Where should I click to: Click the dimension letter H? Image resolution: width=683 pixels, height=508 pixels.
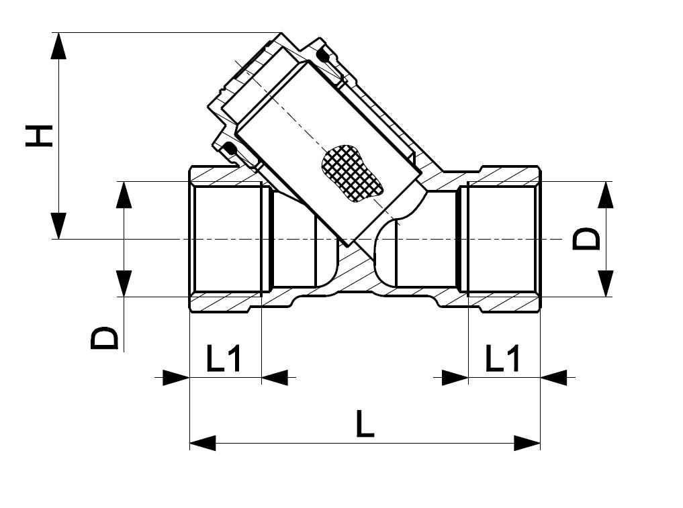40,136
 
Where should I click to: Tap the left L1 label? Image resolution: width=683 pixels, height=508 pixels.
224,358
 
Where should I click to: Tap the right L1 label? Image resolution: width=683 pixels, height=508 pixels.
502,358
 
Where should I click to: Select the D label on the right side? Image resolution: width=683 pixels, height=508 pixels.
586,238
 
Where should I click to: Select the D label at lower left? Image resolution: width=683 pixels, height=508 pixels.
104,338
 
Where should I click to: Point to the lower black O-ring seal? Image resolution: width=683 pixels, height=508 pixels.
230,149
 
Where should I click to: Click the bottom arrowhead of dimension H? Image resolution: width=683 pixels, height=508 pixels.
59,226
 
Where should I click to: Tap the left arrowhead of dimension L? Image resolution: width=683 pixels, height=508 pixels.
203,443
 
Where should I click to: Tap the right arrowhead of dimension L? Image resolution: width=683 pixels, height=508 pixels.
527,443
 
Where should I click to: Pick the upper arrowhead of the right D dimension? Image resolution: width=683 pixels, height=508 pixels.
605,194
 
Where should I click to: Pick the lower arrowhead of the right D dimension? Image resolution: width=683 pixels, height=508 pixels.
605,284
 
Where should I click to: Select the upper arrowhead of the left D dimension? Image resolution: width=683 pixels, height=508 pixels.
124,194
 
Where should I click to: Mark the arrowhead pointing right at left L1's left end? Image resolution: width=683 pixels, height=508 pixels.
177,377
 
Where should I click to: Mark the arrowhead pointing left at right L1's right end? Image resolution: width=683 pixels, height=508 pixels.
553,377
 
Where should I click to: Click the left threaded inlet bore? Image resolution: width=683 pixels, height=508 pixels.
228,239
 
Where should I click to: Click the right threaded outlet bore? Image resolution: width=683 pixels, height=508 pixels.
502,239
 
